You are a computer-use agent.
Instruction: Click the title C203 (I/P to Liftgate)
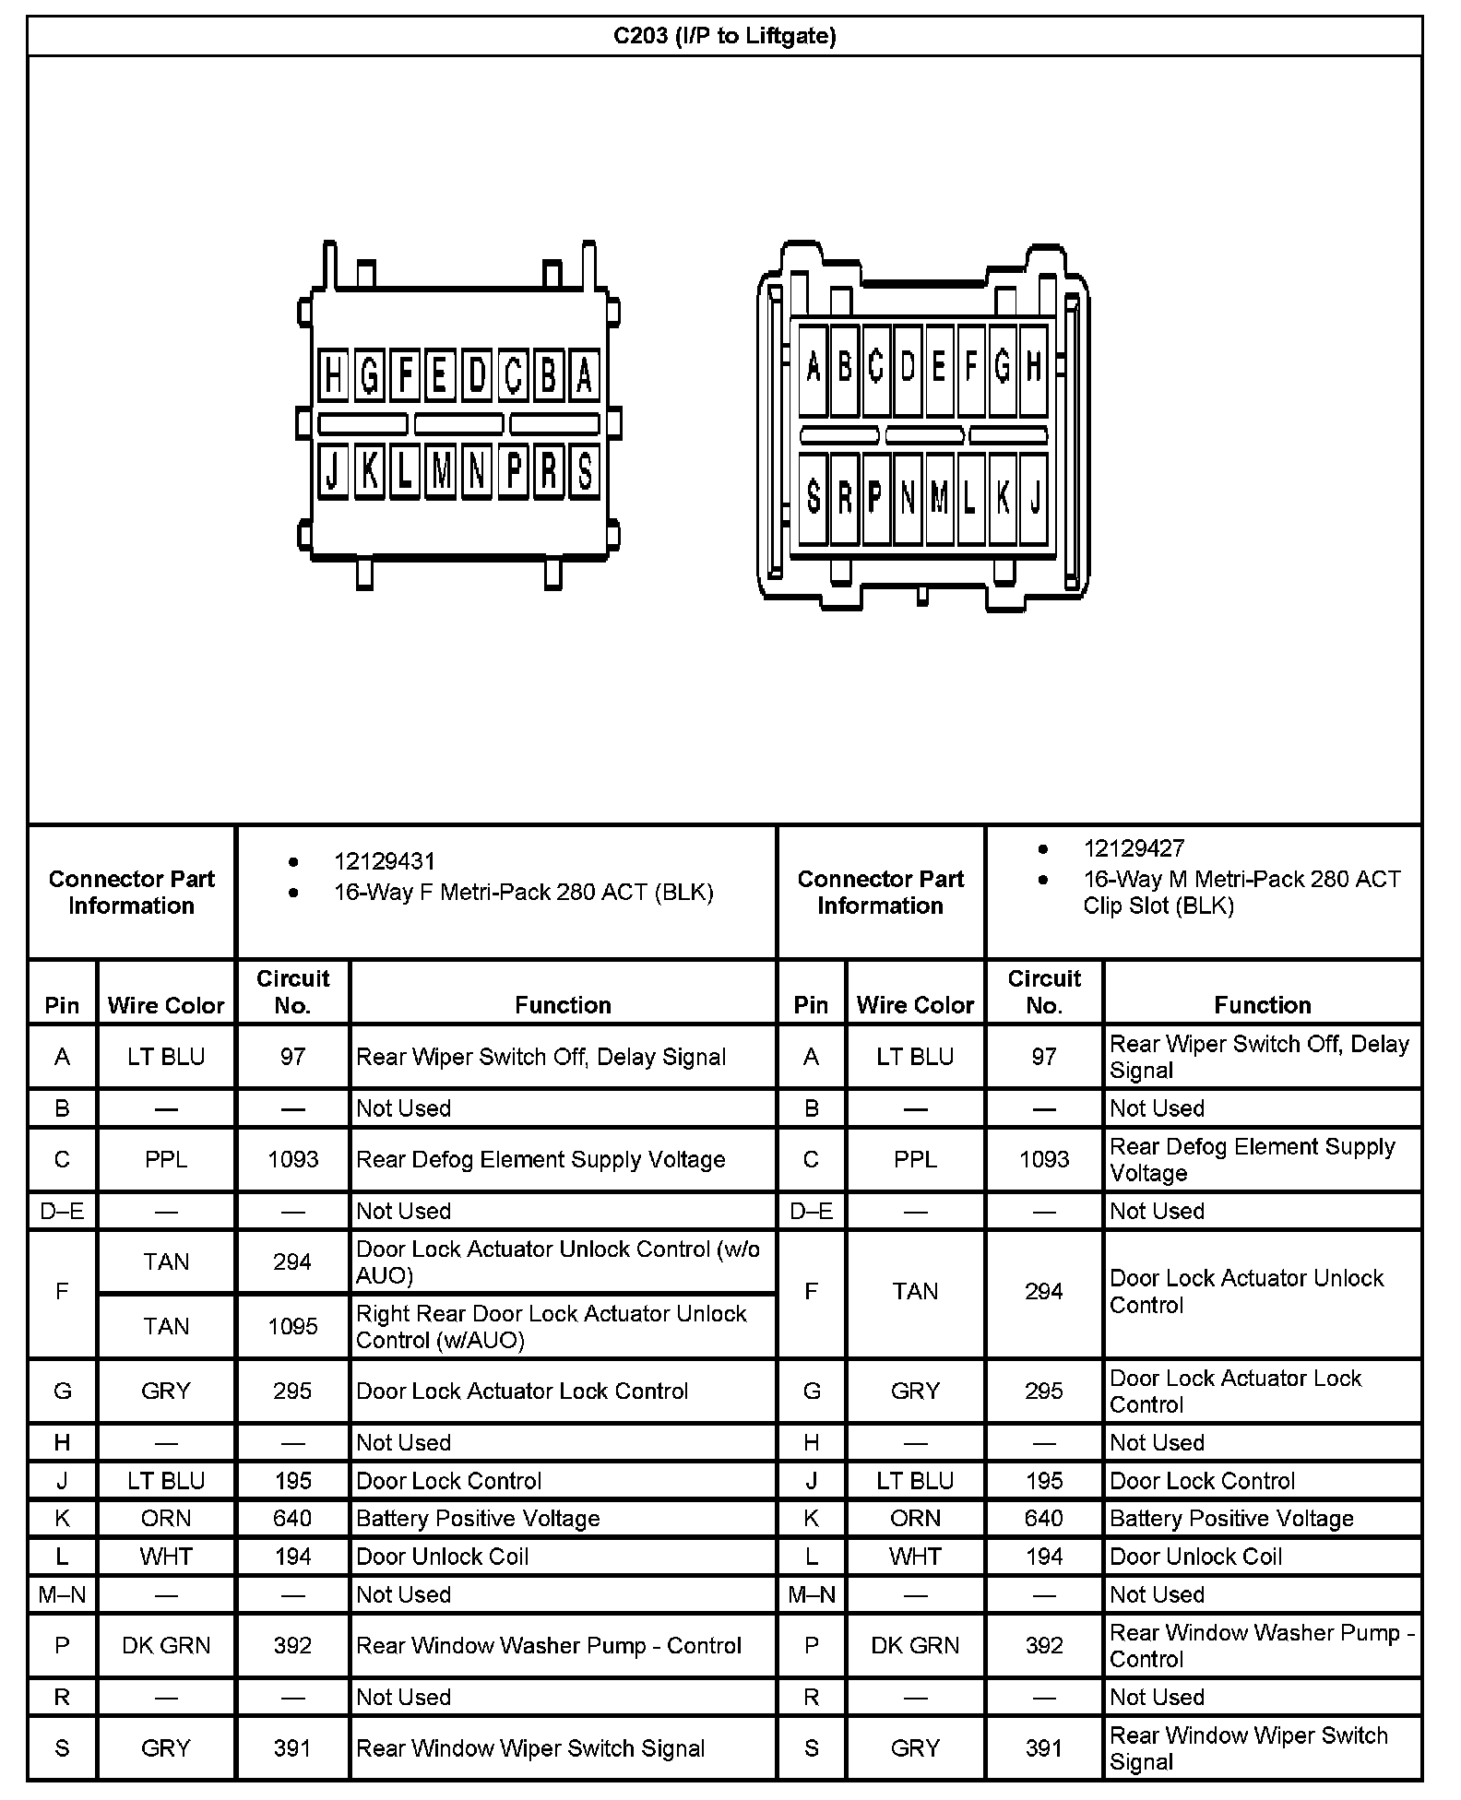725,36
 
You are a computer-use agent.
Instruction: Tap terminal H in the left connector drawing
333,376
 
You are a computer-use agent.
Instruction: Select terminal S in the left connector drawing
584,472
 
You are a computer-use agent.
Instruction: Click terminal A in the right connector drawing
813,368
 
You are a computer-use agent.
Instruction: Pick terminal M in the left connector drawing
441,472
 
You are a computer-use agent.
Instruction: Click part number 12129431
384,861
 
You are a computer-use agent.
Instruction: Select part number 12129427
1134,848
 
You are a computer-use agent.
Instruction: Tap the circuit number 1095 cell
292,1326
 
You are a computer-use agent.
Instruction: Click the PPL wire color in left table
166,1159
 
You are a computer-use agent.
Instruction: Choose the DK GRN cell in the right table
915,1645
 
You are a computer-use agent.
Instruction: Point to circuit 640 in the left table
292,1518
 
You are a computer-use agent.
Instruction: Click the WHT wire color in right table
915,1557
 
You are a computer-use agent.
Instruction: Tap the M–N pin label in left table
62,1594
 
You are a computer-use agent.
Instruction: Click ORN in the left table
166,1518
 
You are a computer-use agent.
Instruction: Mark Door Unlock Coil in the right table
1195,1557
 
